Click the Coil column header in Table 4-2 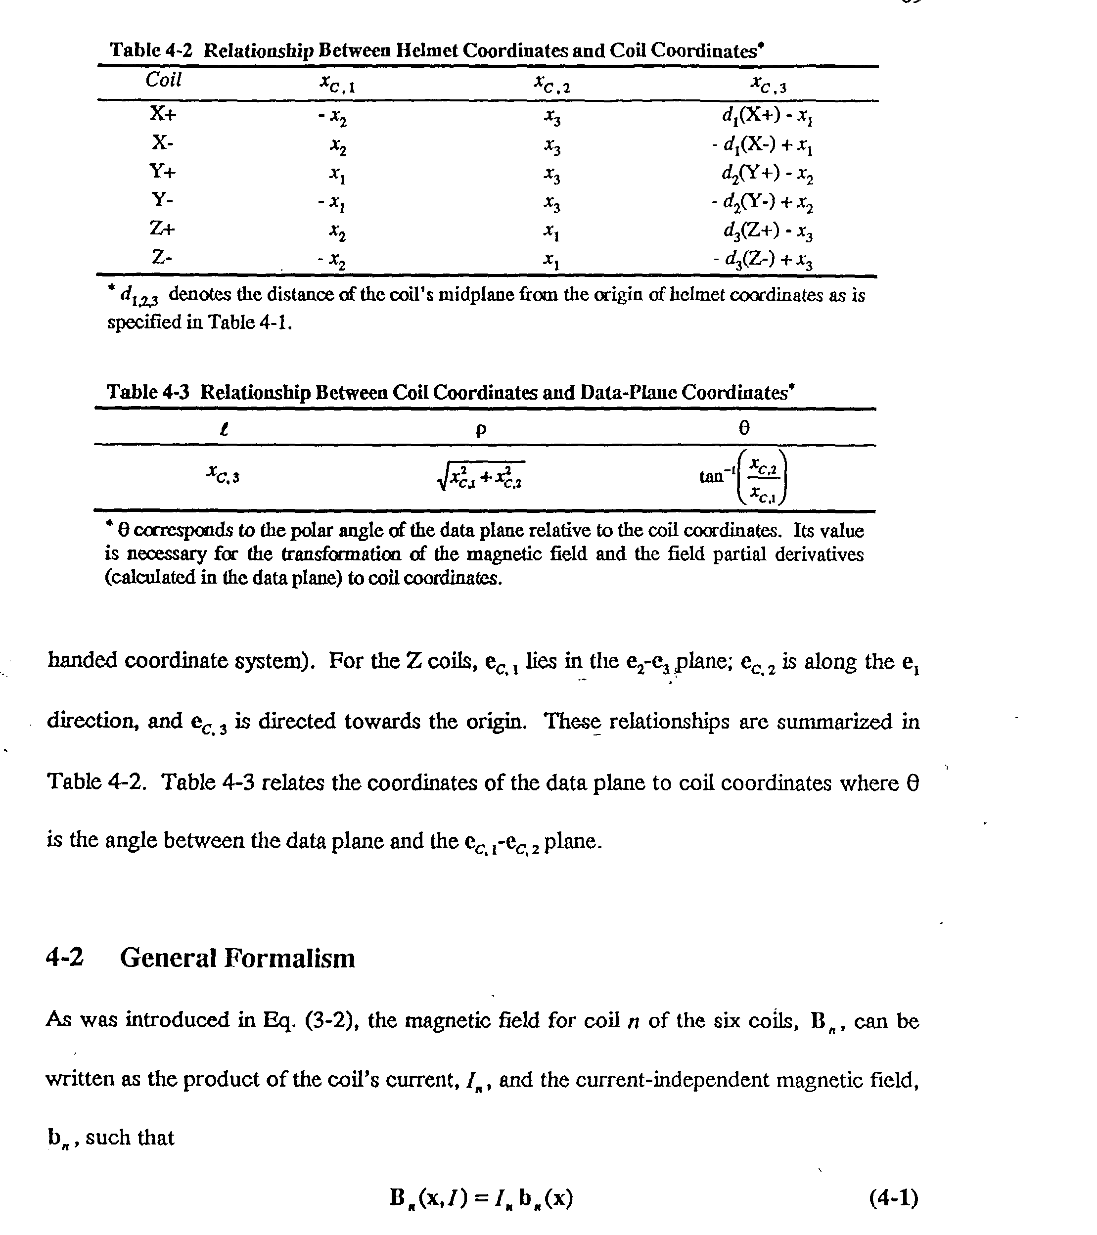click(163, 80)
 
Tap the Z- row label click(162, 258)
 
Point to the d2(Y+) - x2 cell click(767, 174)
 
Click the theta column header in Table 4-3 click(744, 428)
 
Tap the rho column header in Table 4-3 click(481, 430)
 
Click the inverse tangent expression click(744, 477)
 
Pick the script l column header click(224, 429)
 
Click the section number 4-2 click(65, 957)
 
